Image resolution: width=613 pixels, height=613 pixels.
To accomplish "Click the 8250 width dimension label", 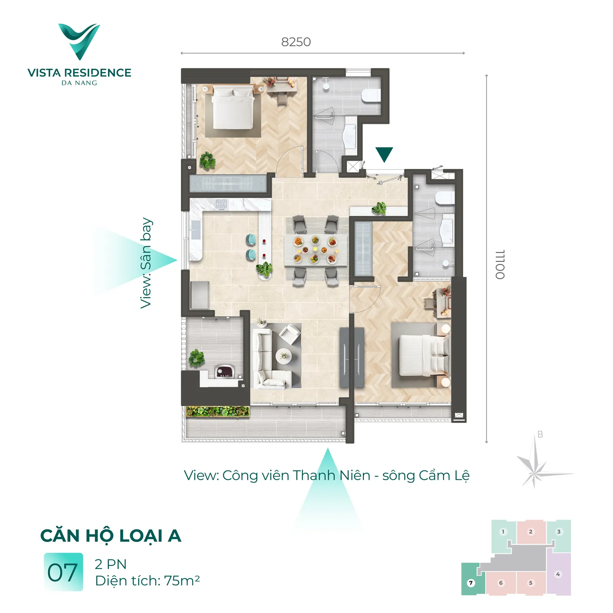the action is click(296, 42).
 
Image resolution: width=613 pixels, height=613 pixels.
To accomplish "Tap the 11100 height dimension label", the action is click(500, 264).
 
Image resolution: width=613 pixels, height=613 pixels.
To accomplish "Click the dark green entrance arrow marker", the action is click(384, 154).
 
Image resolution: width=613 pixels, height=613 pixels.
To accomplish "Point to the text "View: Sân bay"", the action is click(146, 263).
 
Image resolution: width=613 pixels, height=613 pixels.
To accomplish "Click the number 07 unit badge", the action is click(63, 572).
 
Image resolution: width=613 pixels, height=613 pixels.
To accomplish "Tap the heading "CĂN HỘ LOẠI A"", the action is click(111, 535).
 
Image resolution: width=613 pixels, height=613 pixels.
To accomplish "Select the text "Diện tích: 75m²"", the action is click(148, 581).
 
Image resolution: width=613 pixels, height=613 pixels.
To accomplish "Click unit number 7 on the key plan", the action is click(471, 583).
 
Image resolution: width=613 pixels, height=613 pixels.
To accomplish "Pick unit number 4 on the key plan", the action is click(558, 574).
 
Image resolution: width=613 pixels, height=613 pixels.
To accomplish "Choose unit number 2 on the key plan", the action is click(531, 531).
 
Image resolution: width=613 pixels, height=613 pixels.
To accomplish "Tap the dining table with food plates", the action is click(316, 250).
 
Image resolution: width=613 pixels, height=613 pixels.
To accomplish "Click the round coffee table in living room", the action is click(284, 356).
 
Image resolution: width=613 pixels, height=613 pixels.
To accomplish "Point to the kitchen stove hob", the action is click(221, 205).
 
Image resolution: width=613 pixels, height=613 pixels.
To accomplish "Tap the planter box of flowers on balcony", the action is click(218, 412).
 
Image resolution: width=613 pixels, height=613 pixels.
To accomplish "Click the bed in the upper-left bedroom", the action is click(233, 107).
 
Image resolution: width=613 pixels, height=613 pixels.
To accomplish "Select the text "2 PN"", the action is click(111, 564).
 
